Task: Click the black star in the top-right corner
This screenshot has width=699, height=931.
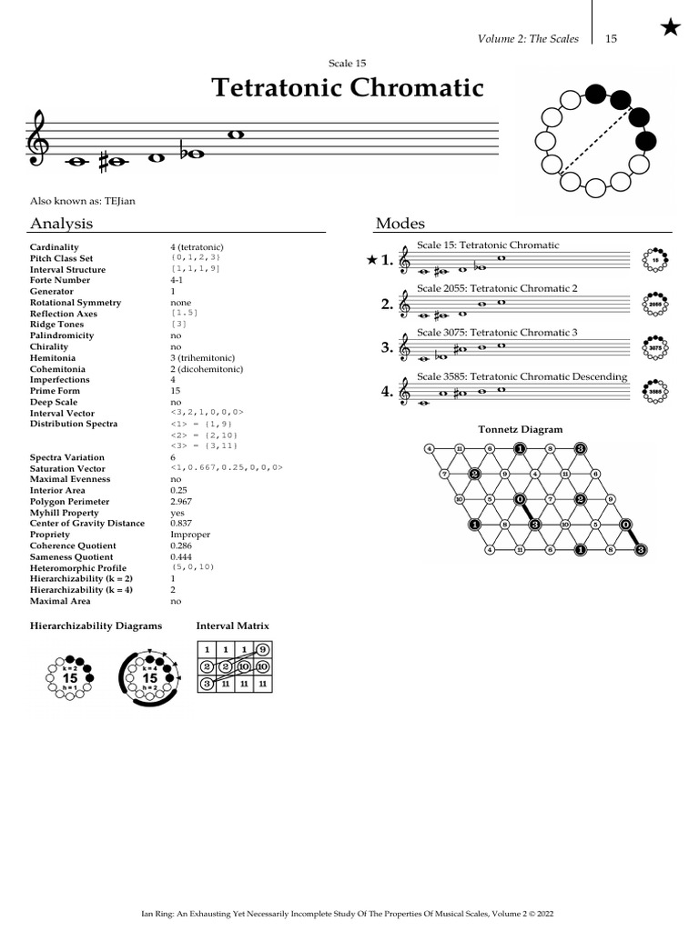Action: [670, 28]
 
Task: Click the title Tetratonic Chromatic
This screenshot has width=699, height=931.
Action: [348, 87]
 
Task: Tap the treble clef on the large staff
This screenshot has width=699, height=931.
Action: [39, 141]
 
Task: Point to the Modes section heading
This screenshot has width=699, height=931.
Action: [400, 224]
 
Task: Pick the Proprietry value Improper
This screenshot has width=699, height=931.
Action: [190, 535]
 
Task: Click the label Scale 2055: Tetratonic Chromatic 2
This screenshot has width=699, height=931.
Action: [497, 288]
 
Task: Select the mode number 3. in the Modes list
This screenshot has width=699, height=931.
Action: [387, 347]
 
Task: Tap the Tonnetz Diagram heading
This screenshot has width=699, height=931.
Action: [520, 429]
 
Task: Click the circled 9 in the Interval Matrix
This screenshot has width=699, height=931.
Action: [262, 650]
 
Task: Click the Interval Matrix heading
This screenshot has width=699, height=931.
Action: [232, 626]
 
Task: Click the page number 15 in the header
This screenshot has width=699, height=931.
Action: [611, 39]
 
